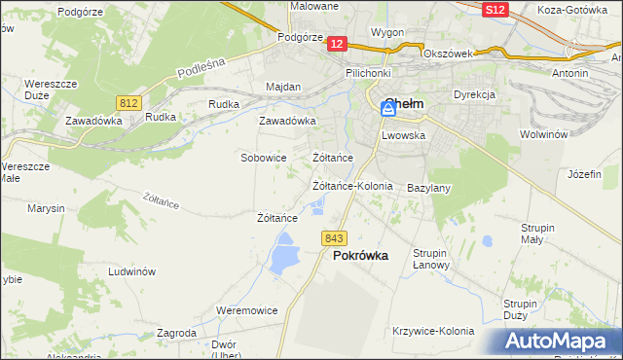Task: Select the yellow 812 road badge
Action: pos(128,102)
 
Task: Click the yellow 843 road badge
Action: pos(334,238)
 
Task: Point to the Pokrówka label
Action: pos(360,256)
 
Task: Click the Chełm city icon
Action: pos(387,112)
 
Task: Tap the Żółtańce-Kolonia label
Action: pos(351,185)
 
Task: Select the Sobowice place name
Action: pos(263,157)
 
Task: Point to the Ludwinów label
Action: pos(132,272)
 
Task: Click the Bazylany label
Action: pos(427,187)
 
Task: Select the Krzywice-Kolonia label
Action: pos(432,331)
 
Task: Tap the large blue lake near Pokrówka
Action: pos(283,258)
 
